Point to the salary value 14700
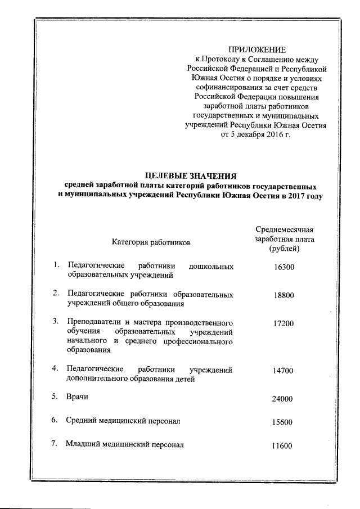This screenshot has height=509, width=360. (x=280, y=371)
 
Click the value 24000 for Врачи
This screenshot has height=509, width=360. (x=280, y=399)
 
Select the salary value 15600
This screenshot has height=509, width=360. (x=280, y=422)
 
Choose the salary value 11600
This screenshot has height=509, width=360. (x=280, y=446)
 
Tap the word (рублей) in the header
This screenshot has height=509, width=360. (x=284, y=248)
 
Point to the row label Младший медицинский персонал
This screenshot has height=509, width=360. (x=124, y=444)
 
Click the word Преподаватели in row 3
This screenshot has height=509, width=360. (x=93, y=322)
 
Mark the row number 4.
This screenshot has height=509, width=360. (x=55, y=369)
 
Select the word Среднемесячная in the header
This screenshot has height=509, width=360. (x=284, y=228)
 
